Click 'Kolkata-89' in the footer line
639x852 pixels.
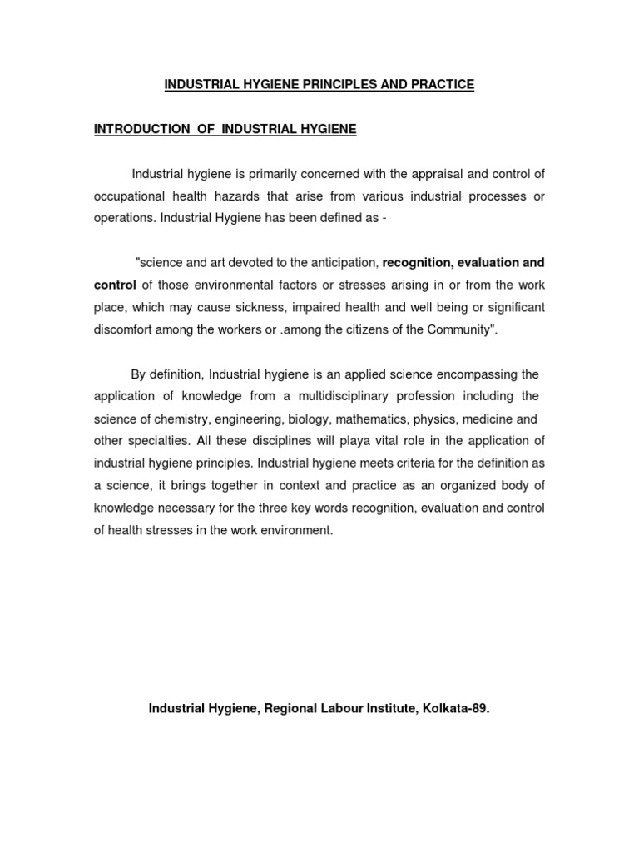(x=458, y=709)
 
